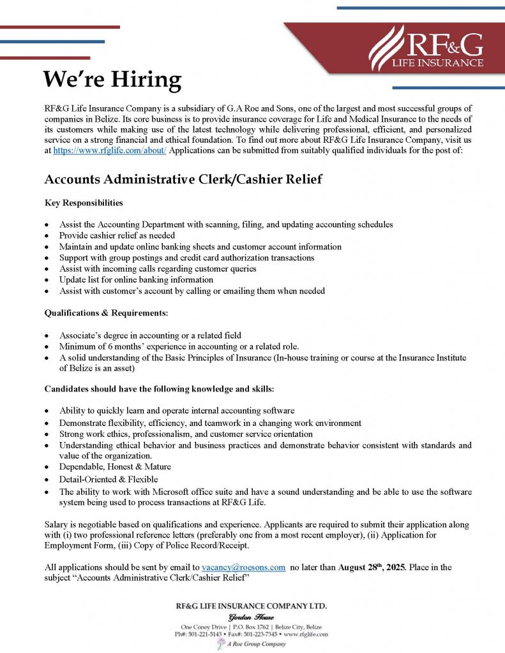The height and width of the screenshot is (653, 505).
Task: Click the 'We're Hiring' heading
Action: click(112, 80)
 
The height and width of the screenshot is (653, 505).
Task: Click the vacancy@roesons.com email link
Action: click(243, 567)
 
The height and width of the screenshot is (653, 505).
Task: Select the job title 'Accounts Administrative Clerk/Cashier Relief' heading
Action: click(183, 180)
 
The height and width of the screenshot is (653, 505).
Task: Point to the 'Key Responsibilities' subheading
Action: click(84, 203)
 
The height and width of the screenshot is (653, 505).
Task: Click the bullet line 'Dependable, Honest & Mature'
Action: click(115, 467)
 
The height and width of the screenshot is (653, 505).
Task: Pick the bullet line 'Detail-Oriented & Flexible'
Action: click(109, 479)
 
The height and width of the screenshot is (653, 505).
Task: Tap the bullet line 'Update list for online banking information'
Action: click(136, 279)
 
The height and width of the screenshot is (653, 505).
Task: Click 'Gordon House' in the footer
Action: click(252, 617)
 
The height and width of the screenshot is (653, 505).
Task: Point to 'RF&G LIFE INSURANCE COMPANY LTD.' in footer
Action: click(252, 606)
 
